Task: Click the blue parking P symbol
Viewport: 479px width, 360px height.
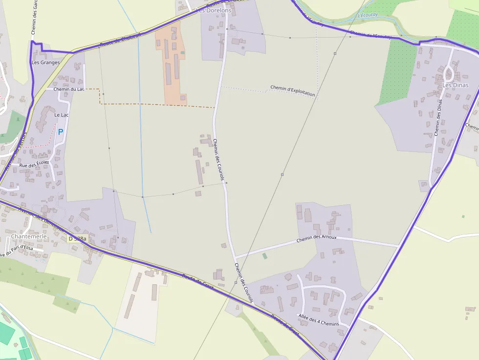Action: tap(61, 132)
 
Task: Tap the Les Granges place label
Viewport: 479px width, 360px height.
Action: tap(45, 63)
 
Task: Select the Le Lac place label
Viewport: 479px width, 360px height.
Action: tap(62, 115)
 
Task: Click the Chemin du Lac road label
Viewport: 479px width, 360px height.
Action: tap(68, 89)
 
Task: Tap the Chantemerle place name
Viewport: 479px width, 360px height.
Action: tap(29, 236)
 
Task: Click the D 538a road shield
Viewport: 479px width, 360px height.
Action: tap(77, 239)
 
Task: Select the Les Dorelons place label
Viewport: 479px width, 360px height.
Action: tap(213, 10)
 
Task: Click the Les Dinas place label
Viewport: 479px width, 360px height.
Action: tap(455, 85)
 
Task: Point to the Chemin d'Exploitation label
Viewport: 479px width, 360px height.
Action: tap(293, 91)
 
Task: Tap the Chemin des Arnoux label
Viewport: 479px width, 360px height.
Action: tap(317, 238)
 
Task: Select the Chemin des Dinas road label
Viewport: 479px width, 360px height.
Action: tap(438, 117)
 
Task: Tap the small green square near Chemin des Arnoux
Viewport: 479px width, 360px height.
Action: tap(265, 255)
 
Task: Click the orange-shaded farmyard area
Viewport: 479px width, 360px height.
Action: tap(171, 68)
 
